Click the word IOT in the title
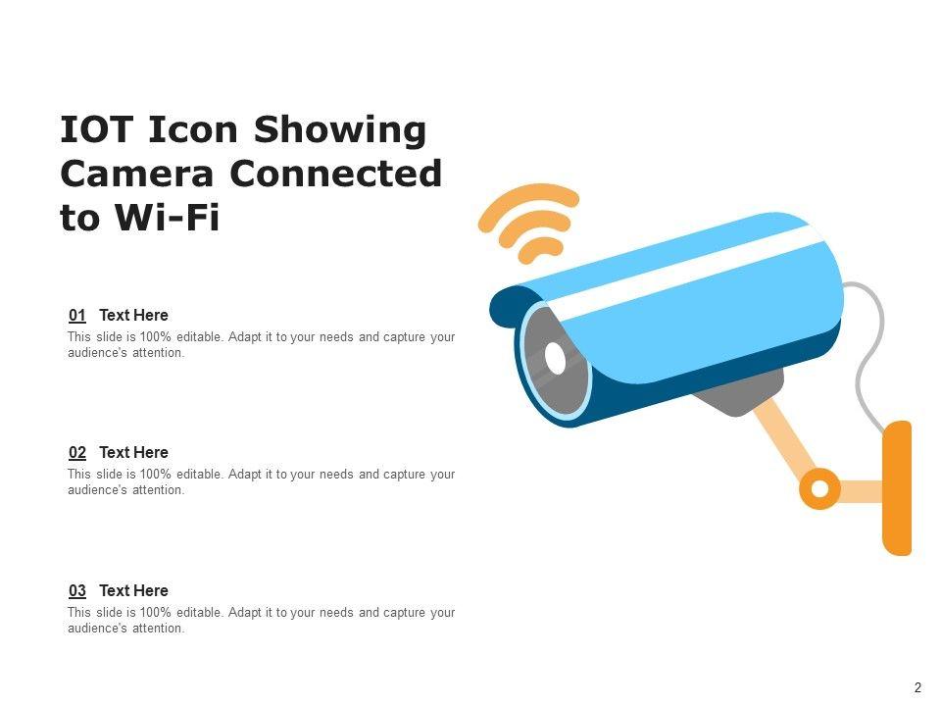click(96, 129)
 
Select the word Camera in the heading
click(137, 174)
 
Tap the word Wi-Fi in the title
click(168, 218)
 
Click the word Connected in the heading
click(335, 174)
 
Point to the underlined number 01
click(77, 315)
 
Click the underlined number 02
click(77, 453)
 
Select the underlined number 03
click(77, 590)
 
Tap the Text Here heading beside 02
click(134, 453)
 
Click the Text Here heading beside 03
click(134, 590)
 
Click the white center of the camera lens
click(556, 359)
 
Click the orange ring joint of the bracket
click(819, 488)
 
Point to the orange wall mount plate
click(897, 487)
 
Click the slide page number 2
click(917, 688)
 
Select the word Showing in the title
click(340, 129)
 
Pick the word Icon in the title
click(193, 129)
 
